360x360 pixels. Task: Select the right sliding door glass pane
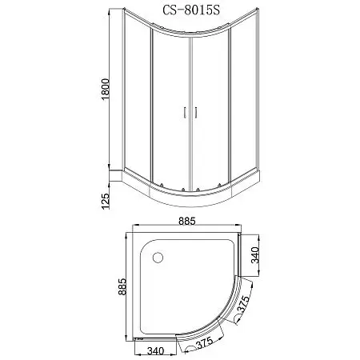tap(210, 112)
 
